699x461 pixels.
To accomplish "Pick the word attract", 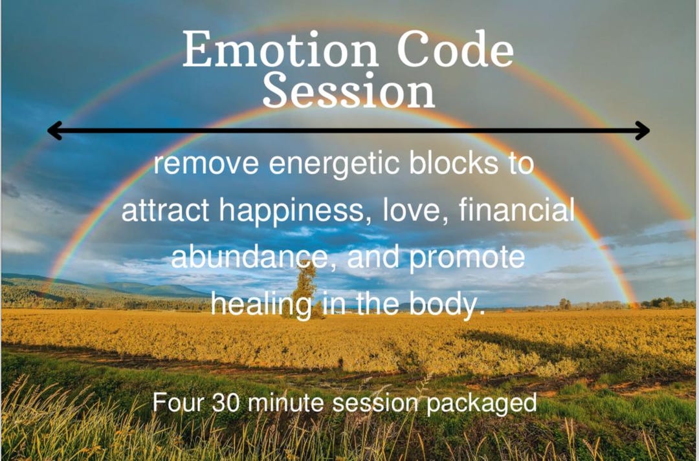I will point(165,211).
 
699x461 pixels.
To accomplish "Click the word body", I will point(449,305).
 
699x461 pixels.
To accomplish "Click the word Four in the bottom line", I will point(177,402).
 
